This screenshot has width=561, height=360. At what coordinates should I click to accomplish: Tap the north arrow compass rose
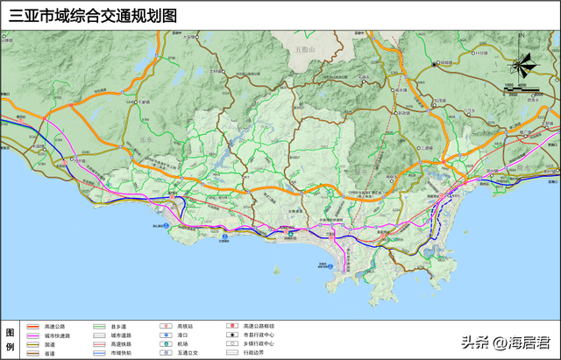(x=523, y=65)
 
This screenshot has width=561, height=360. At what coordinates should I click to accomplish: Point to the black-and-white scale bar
(x=523, y=89)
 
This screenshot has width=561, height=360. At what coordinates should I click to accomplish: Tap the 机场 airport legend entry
(x=182, y=344)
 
